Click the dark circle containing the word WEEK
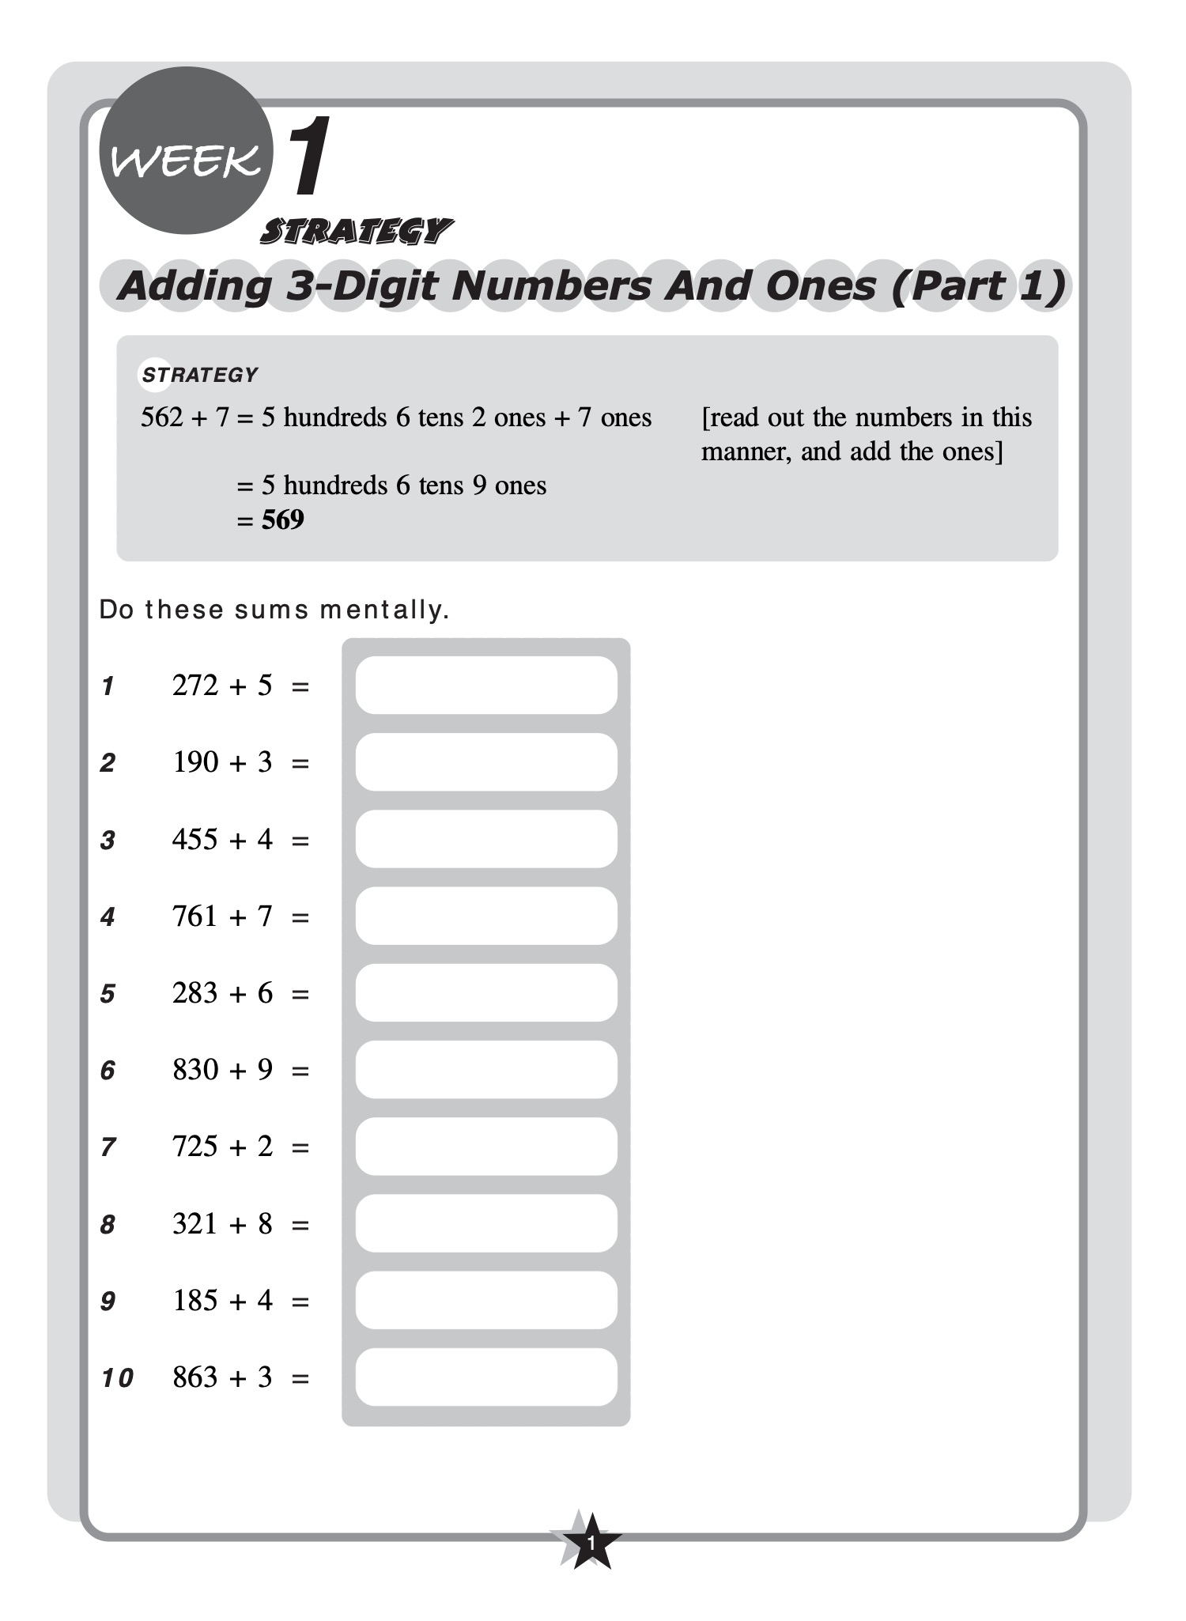coord(186,151)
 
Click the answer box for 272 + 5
coord(485,685)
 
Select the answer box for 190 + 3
coord(485,761)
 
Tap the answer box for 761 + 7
coord(485,916)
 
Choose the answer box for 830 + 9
coord(485,1069)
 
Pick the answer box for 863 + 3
coord(485,1377)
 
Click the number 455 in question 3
coord(195,839)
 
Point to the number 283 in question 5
coord(195,992)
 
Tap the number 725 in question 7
coord(195,1146)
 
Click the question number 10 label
coord(117,1378)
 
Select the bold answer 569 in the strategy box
coord(283,520)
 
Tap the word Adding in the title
coord(195,285)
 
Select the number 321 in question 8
coord(195,1223)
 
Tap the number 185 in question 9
coord(195,1300)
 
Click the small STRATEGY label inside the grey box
coord(200,375)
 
